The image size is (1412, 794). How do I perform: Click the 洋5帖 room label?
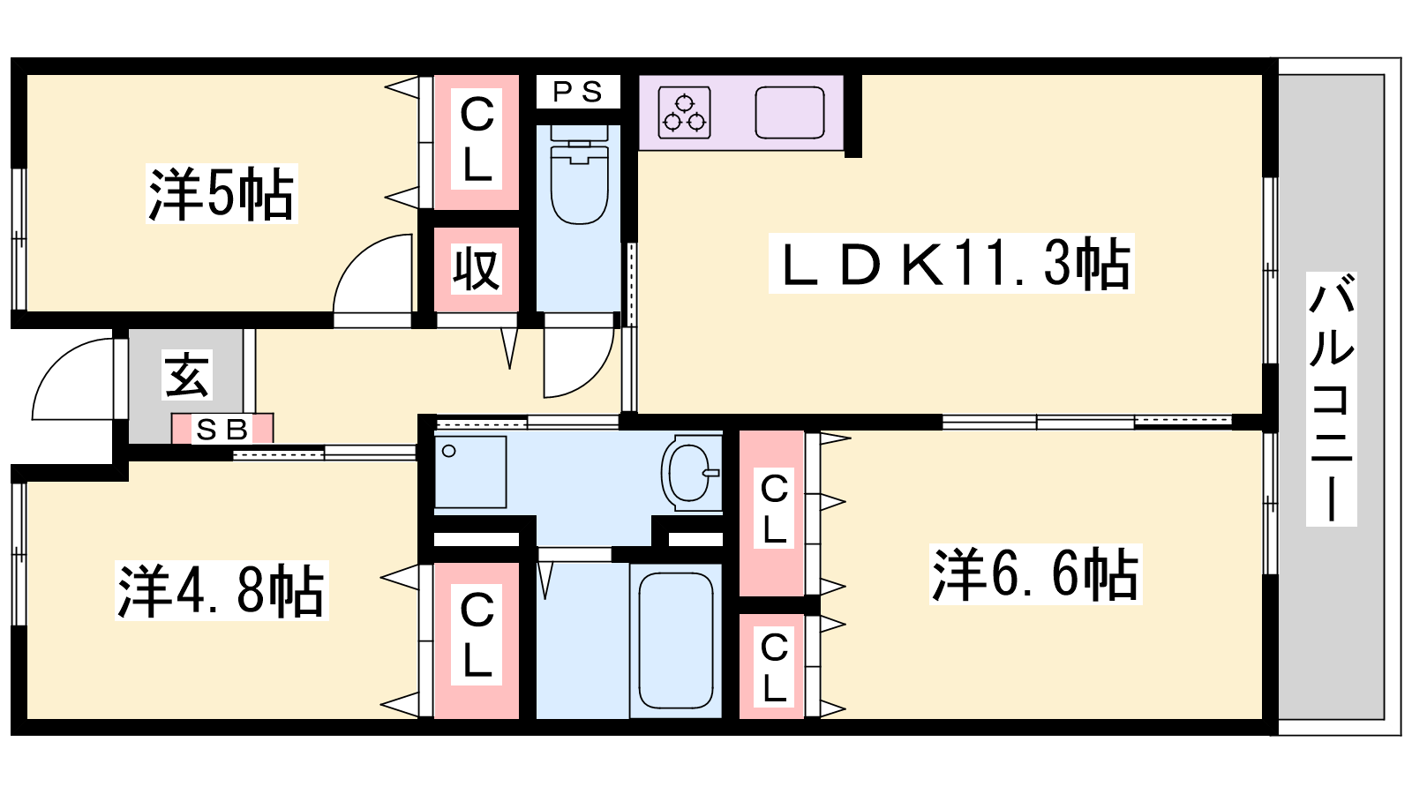[x=222, y=193]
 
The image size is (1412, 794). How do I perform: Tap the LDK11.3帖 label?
[x=951, y=264]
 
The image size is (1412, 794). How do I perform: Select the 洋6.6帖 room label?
[x=1036, y=574]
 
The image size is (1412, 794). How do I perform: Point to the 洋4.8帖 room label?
[x=222, y=590]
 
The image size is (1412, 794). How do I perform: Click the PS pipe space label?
[x=578, y=93]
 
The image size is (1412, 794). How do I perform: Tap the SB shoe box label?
[x=222, y=430]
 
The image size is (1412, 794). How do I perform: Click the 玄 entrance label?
[x=186, y=374]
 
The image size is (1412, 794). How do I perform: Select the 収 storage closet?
[x=476, y=270]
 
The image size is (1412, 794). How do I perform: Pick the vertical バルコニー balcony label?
[x=1331, y=399]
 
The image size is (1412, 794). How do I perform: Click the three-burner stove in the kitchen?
[x=684, y=112]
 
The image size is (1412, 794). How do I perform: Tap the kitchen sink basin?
[x=790, y=112]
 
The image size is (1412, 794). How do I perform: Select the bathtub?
[x=676, y=640]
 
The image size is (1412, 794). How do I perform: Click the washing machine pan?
[x=470, y=472]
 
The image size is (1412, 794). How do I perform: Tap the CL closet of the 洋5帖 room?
[x=476, y=142]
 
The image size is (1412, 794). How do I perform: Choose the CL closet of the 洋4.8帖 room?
[x=476, y=640]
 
